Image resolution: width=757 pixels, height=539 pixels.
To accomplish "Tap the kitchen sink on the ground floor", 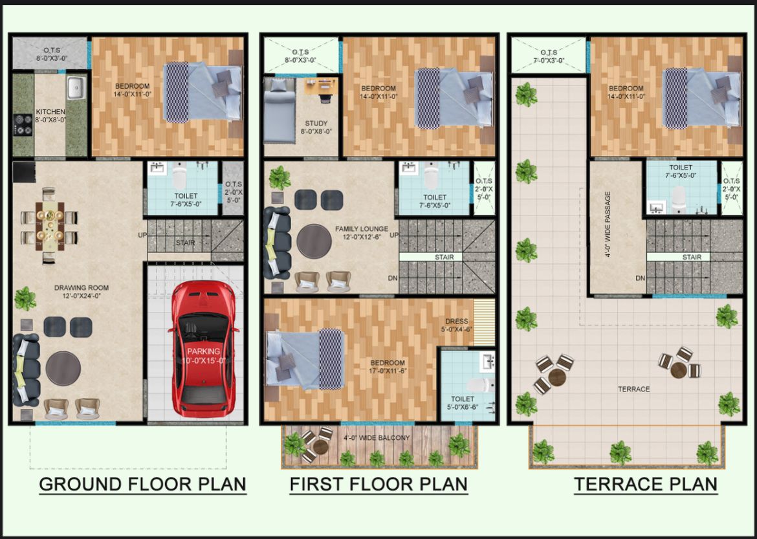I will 76,87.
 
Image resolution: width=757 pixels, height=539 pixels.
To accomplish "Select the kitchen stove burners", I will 24,124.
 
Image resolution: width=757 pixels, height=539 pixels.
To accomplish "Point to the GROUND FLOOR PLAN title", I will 142,484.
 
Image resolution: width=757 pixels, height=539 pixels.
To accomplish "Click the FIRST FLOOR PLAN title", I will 378,484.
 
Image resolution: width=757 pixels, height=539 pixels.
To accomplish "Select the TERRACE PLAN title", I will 645,484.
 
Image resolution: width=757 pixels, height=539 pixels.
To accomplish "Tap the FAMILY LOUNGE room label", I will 361,229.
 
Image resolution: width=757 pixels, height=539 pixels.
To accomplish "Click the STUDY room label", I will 316,123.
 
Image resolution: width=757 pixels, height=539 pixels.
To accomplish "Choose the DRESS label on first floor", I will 457,322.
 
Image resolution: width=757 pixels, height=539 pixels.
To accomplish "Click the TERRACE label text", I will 633,389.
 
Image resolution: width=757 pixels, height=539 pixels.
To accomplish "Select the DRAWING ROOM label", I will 82,288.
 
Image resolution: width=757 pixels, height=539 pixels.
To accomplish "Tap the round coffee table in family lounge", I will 314,241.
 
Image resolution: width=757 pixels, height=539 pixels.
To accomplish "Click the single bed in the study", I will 279,109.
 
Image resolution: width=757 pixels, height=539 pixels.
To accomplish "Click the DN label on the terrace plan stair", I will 639,278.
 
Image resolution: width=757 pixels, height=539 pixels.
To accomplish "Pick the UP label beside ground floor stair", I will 142,235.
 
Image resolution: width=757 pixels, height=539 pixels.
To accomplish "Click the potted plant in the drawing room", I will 25,298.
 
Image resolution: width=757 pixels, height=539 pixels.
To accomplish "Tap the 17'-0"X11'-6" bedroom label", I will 388,367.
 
